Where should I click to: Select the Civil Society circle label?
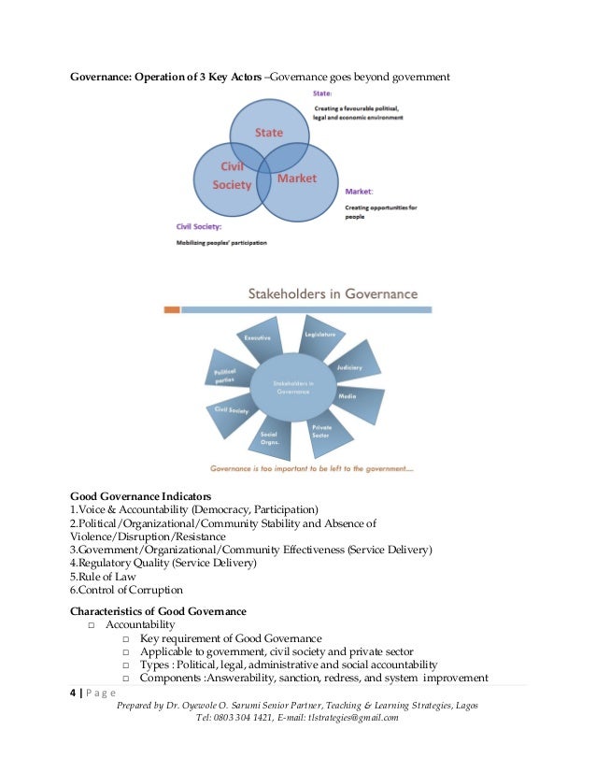click(233, 177)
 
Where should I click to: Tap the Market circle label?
click(297, 178)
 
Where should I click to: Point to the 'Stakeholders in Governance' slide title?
click(332, 293)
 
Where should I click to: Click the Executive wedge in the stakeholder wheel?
click(258, 336)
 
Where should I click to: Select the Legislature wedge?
click(319, 334)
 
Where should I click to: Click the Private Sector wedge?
click(322, 432)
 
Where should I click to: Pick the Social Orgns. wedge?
click(269, 436)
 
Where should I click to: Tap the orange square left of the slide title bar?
click(172, 308)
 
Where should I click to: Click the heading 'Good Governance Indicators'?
click(141, 495)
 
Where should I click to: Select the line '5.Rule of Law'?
click(104, 577)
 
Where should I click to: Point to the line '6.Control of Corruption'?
click(126, 591)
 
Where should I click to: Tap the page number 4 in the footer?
click(73, 693)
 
